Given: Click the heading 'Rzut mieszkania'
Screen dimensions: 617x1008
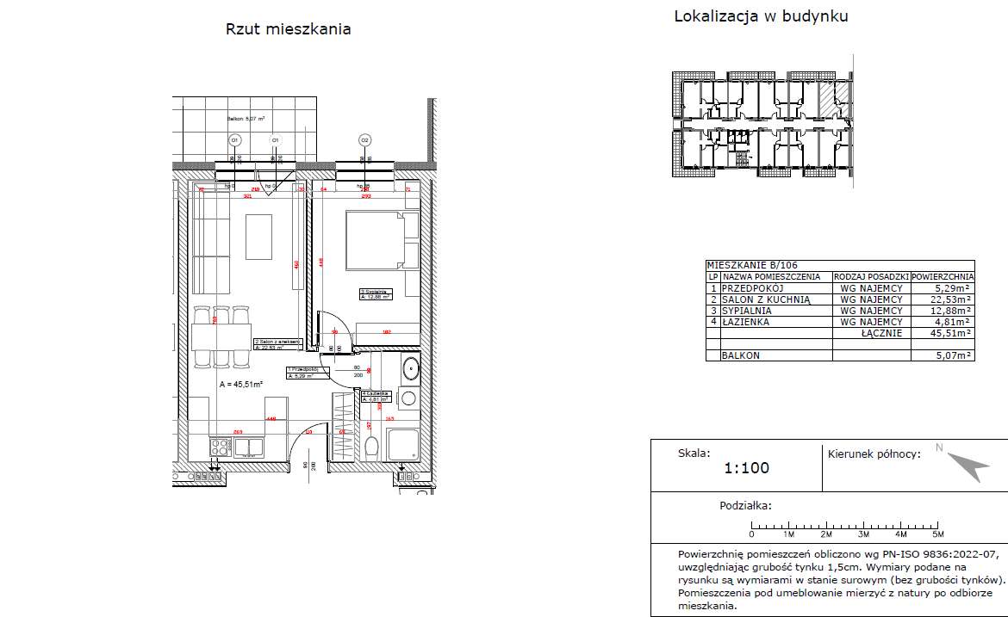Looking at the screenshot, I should tap(288, 29).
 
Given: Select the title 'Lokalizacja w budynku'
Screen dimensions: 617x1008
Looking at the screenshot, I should tap(761, 16).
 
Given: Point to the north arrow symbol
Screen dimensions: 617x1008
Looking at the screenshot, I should tap(968, 466).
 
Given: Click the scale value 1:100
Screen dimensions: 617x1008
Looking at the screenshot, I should tap(746, 469).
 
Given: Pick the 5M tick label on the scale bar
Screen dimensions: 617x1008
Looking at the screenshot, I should tap(938, 534).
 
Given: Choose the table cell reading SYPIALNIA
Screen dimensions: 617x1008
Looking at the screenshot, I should tap(747, 311).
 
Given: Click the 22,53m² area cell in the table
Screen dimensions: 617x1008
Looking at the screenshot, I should tap(943, 299).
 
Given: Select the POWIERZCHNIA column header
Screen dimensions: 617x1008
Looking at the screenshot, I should tap(943, 277).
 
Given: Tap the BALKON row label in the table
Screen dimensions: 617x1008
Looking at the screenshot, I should tap(741, 355).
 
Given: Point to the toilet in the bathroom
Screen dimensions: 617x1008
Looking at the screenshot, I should tap(372, 447).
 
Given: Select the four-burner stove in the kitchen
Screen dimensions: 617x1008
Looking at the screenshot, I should tap(220, 447).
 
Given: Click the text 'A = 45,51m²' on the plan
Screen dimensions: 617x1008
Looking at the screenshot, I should tap(240, 385).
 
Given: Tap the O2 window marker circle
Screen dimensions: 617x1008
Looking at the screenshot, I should tap(364, 139).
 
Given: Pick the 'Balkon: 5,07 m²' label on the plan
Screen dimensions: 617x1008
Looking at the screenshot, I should tap(246, 119).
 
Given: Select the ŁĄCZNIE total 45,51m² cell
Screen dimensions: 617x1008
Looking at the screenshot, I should tap(943, 333).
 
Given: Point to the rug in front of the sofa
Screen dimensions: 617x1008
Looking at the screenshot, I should tap(259, 235).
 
